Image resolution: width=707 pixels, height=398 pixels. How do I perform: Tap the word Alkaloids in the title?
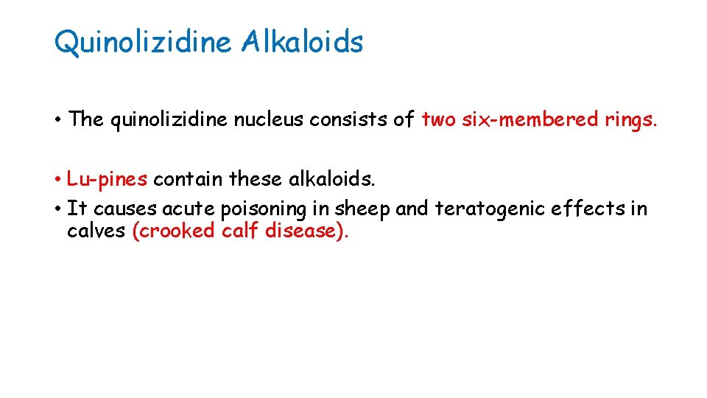pyautogui.click(x=301, y=42)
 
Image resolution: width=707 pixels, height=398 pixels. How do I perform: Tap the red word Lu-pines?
pyautogui.click(x=107, y=179)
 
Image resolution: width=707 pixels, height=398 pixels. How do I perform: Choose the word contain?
pyautogui.click(x=189, y=179)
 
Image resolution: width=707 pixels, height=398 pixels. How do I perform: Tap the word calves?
pyautogui.click(x=96, y=231)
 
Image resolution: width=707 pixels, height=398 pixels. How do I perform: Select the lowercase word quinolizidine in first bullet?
pyautogui.click(x=169, y=119)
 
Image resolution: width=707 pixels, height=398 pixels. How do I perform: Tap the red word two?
pyautogui.click(x=439, y=119)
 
